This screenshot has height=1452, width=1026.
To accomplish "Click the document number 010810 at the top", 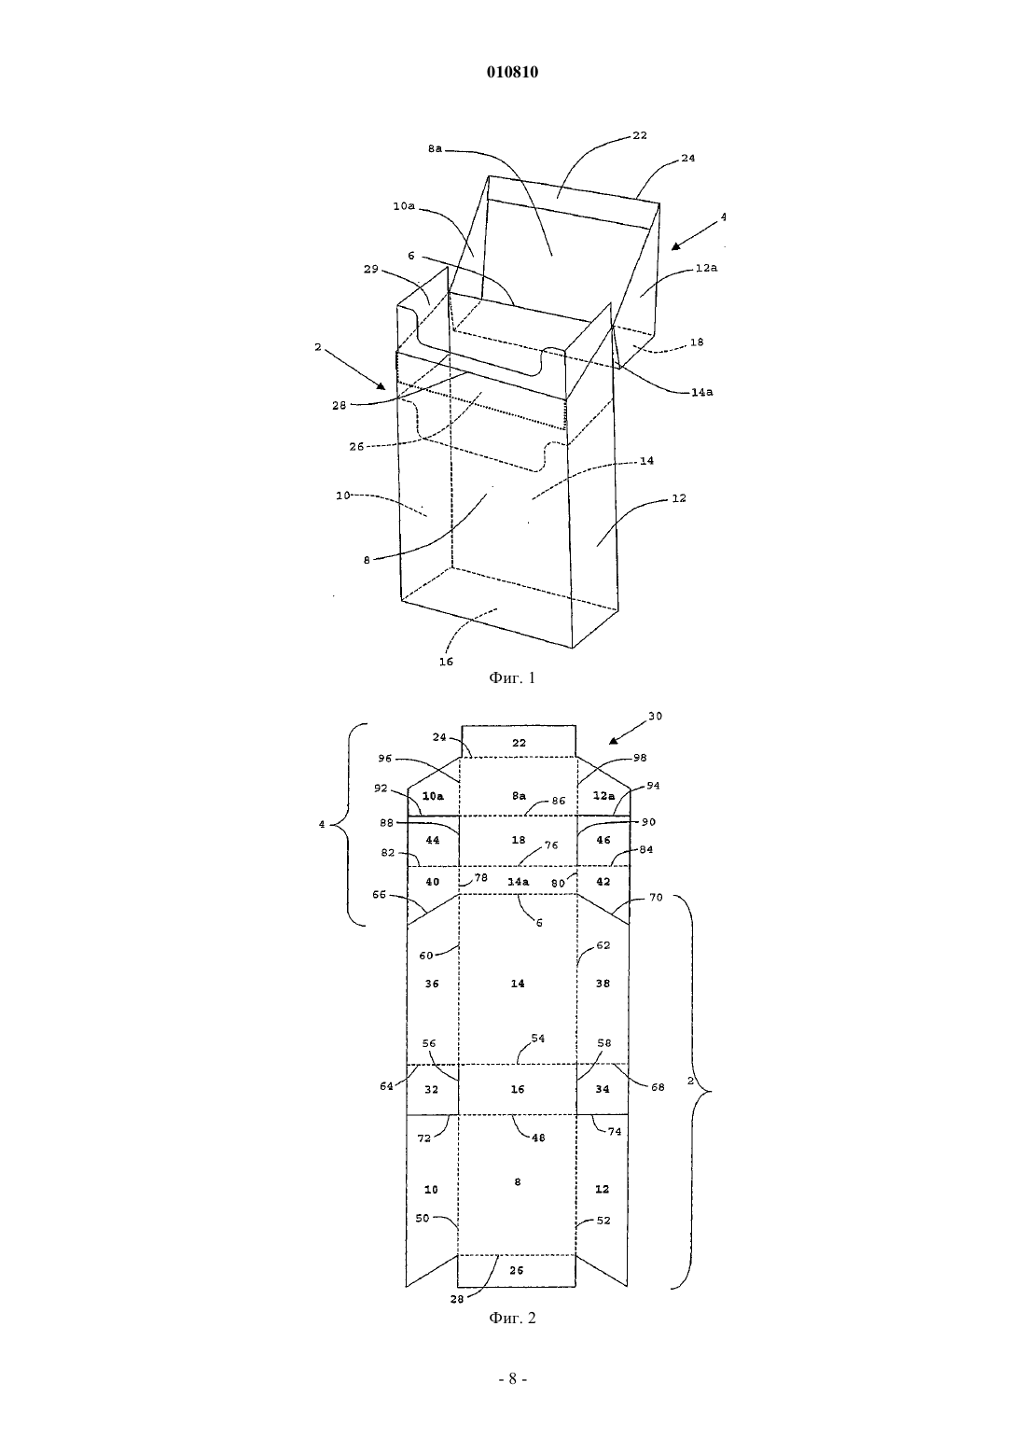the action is click(x=512, y=72).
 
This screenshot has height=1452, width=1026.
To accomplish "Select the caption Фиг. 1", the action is click(x=512, y=678).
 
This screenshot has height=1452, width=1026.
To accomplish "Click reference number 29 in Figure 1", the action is click(x=371, y=269).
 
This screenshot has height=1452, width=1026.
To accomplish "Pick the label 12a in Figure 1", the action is click(x=707, y=267).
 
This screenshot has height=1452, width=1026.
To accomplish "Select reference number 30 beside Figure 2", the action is click(x=655, y=717).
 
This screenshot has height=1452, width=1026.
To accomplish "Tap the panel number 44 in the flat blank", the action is click(x=433, y=840).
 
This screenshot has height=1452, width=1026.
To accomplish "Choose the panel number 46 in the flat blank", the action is click(x=603, y=840).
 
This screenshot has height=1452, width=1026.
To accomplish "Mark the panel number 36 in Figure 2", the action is click(x=431, y=984).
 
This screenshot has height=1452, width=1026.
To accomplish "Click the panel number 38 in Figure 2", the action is click(x=603, y=984).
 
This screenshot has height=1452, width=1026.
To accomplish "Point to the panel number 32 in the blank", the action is click(x=431, y=1090).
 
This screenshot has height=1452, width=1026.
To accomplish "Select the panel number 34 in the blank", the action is click(x=603, y=1090).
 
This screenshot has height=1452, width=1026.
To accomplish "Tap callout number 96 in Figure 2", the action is click(x=385, y=758).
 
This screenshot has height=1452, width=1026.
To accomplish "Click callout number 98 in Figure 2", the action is click(x=640, y=758).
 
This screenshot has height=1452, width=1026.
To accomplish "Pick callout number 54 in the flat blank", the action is click(x=537, y=1039).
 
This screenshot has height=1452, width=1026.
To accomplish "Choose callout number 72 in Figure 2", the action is click(x=423, y=1138).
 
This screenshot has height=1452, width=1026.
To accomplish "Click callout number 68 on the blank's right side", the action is click(x=658, y=1087).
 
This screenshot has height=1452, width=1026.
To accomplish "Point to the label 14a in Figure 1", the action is click(x=701, y=392).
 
